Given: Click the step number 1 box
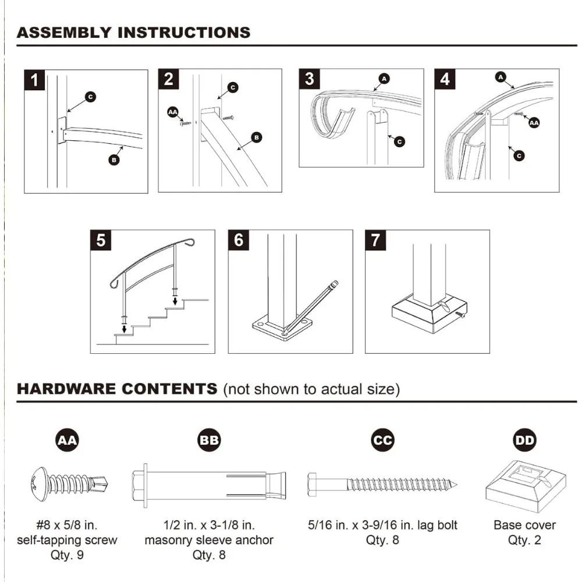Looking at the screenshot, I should (x=35, y=80).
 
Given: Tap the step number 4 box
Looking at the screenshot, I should (x=445, y=79).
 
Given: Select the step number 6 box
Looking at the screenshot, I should (x=239, y=240).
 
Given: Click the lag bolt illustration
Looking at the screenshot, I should (x=382, y=483).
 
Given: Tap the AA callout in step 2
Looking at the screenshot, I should (x=173, y=112).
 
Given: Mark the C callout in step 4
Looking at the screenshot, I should (x=519, y=155).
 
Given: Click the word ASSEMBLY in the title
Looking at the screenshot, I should (x=64, y=32).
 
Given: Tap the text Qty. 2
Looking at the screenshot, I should (x=524, y=540).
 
